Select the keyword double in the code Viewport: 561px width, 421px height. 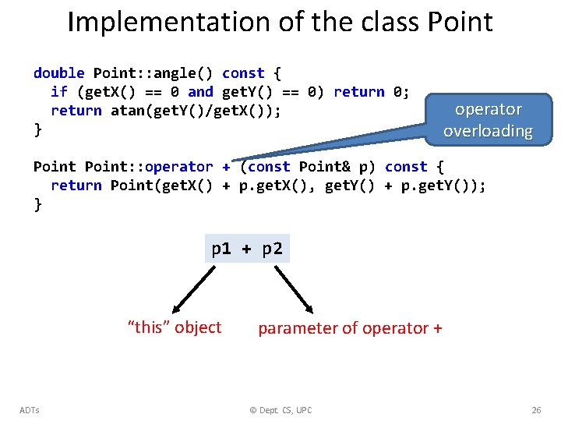pos(59,73)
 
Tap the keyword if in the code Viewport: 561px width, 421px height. pos(59,92)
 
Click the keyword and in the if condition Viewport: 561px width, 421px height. pos(200,92)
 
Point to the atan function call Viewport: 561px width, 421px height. pos(128,111)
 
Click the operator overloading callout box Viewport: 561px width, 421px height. pos(488,120)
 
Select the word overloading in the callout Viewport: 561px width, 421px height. pos(488,131)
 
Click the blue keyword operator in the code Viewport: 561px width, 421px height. pos(178,167)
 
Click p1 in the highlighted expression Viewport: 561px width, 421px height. pos(222,249)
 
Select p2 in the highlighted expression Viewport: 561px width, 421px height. pos(272,249)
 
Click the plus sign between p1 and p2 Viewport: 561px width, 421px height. pos(247,249)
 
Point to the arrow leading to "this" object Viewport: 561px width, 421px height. pos(192,288)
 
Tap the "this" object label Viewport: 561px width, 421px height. pos(175,327)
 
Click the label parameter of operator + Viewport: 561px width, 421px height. pos(350,328)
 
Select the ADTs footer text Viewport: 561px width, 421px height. pos(30,410)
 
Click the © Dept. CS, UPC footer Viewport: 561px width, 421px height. pos(280,410)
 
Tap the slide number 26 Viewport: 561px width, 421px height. pos(535,410)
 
